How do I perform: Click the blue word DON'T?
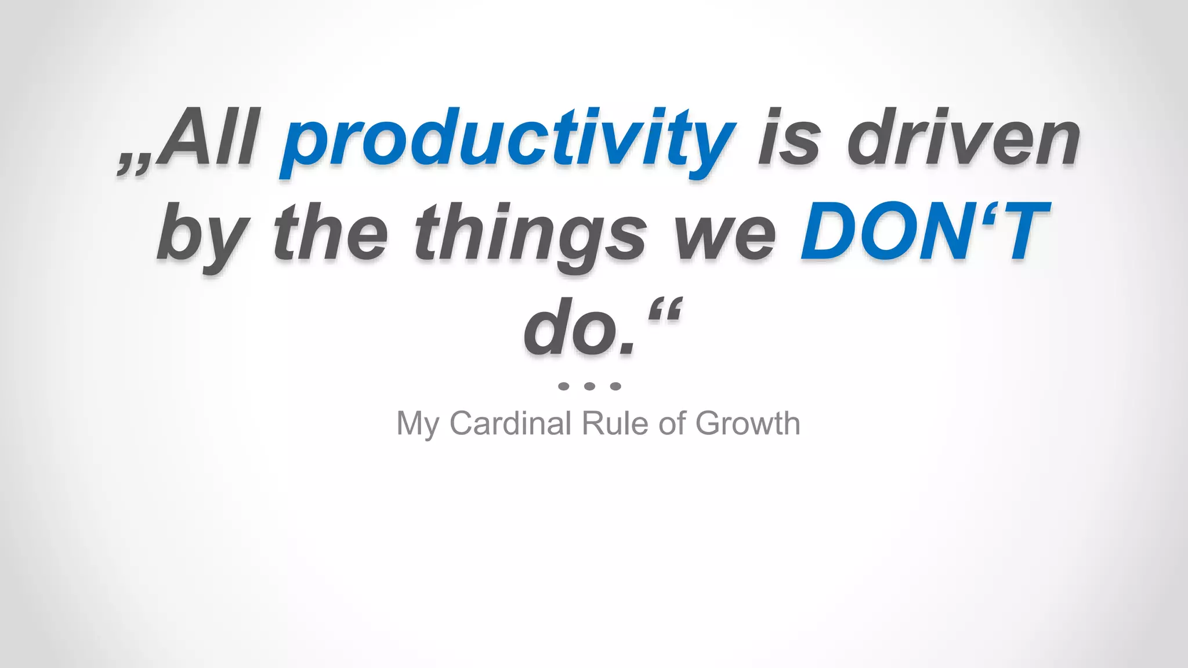[925, 232]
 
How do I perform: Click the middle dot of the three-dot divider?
[589, 386]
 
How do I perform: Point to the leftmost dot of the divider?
[563, 386]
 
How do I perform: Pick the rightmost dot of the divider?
[615, 386]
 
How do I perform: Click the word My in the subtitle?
[417, 424]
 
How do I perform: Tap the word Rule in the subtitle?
[614, 423]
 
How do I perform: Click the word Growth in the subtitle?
[748, 423]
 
